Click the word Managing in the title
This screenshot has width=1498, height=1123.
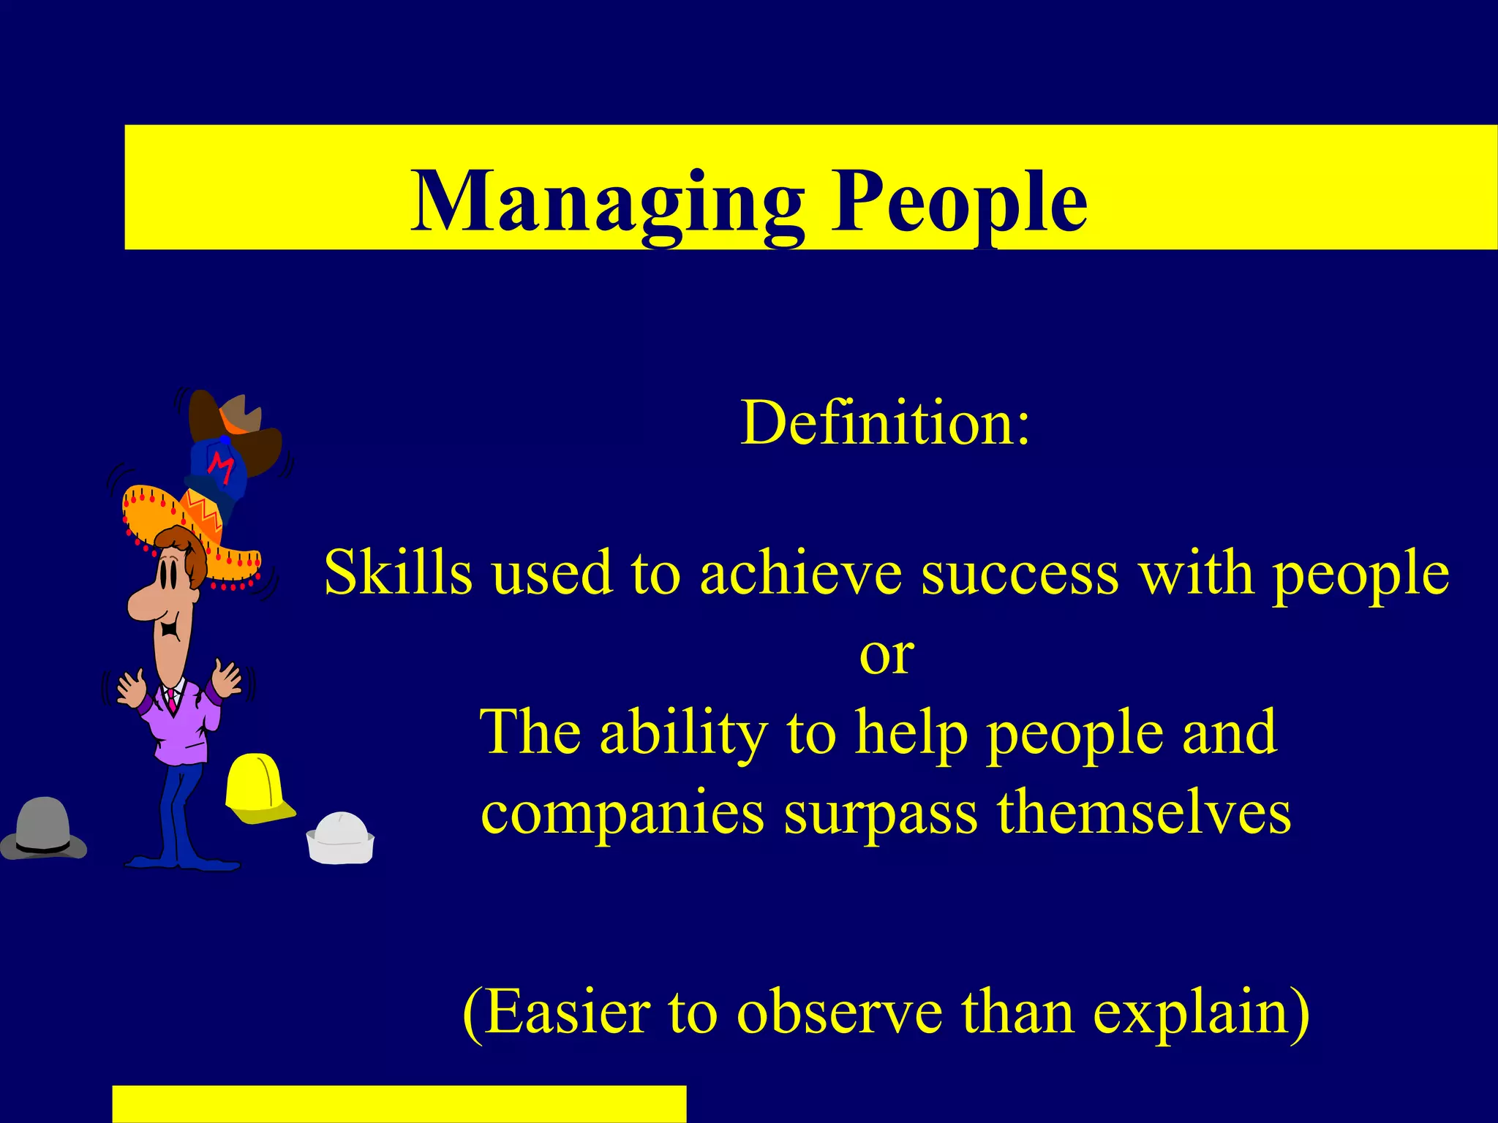point(607,201)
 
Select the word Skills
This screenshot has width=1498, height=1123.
point(398,572)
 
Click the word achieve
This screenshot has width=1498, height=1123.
point(800,572)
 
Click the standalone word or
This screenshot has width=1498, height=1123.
point(887,655)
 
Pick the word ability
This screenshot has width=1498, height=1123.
point(684,733)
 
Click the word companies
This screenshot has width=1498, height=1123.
point(622,814)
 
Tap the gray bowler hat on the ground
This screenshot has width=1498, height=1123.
point(44,830)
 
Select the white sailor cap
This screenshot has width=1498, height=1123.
point(340,839)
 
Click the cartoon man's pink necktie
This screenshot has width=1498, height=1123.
point(172,700)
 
